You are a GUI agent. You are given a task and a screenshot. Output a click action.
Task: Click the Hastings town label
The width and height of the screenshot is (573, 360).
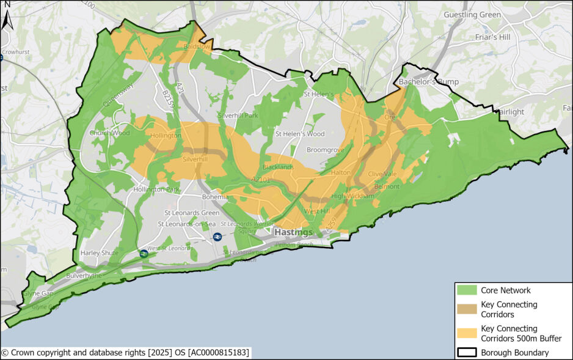tap(293, 233)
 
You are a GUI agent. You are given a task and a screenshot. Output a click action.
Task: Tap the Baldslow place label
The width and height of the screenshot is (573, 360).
tap(196, 46)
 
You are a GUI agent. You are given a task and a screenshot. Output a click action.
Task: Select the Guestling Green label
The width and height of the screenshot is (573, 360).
tap(473, 15)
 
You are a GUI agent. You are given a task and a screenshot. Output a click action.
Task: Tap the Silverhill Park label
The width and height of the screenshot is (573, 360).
tap(238, 116)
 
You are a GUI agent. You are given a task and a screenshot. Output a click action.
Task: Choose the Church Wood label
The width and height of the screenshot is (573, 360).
tap(109, 133)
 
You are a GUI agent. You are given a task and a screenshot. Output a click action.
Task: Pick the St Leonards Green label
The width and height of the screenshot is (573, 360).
tap(191, 213)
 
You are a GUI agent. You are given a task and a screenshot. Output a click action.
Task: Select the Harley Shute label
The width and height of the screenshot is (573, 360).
tap(99, 253)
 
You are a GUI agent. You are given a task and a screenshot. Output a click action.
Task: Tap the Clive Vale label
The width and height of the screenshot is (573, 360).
tap(382, 174)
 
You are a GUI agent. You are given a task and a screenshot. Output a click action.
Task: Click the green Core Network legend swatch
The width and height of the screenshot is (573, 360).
tap(467, 290)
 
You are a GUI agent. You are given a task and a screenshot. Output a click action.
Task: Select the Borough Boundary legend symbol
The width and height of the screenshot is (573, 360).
tap(467, 352)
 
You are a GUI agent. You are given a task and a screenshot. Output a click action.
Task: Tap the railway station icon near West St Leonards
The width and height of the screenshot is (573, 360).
tap(144, 253)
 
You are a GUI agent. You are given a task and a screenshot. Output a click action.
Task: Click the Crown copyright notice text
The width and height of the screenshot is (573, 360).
tap(125, 353)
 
